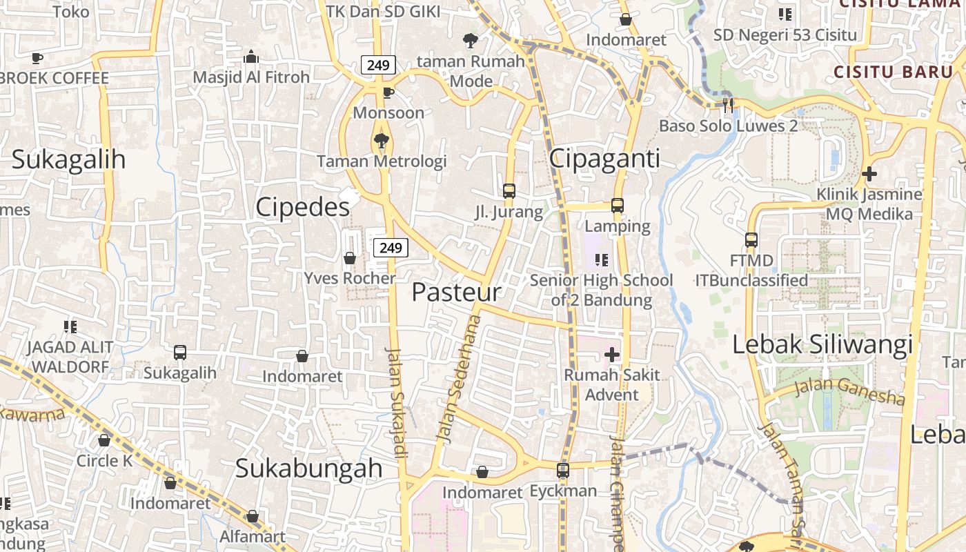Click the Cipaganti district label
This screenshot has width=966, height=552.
click(604, 159)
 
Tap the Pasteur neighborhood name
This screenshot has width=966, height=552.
click(456, 292)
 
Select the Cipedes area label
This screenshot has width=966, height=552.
click(302, 207)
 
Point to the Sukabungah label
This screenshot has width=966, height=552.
click(308, 468)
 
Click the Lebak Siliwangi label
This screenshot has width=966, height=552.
click(822, 344)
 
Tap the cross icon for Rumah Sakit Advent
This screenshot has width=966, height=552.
click(611, 355)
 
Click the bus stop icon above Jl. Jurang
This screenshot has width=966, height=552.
click(509, 191)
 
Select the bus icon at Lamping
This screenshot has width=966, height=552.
click(618, 206)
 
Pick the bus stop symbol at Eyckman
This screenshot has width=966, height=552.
click(563, 471)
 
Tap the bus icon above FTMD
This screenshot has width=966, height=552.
click(751, 240)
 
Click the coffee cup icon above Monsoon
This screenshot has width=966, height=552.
click(388, 92)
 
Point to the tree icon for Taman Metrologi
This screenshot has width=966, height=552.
click(381, 141)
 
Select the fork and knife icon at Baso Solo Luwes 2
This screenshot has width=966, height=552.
click(728, 106)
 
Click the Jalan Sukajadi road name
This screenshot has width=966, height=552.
click(396, 402)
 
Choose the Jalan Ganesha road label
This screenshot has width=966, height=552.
click(849, 391)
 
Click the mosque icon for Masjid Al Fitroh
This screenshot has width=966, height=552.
click(251, 57)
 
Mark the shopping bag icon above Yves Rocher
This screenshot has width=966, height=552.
click(350, 258)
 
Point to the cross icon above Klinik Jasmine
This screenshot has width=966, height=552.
click(869, 174)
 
